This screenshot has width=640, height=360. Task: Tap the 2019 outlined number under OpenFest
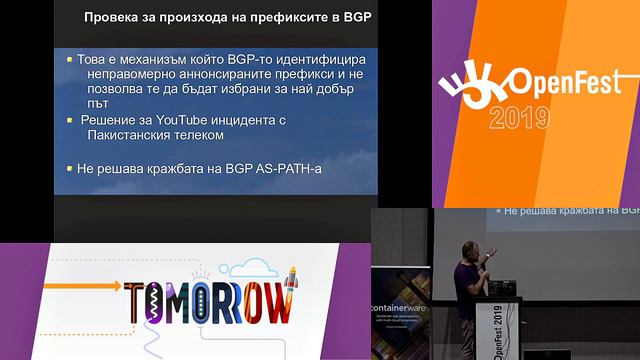[520, 118]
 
